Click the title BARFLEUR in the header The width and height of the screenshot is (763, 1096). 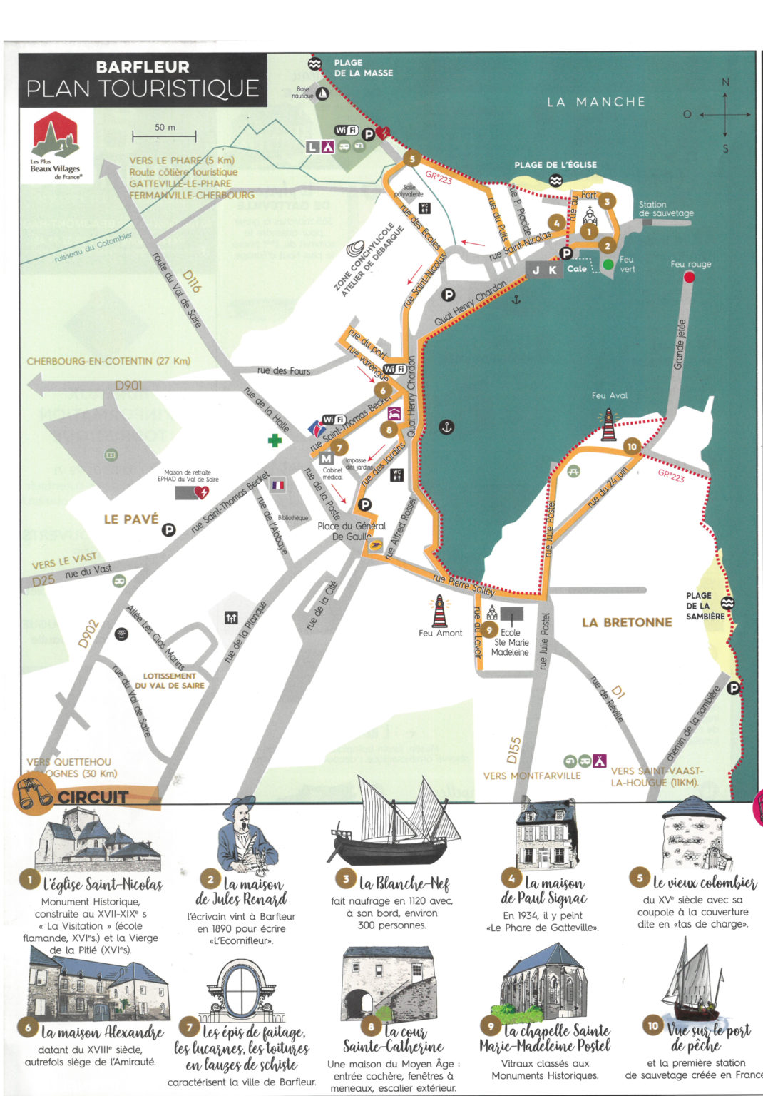pos(143,67)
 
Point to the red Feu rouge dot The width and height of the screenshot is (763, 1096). pos(689,277)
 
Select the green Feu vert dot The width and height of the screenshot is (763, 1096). pos(608,264)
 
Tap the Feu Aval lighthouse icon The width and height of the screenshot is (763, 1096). pos(609,425)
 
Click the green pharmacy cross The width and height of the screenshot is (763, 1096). pos(275,440)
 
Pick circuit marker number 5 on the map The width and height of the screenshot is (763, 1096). pos(411,158)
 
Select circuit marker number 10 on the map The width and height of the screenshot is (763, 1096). pos(631,447)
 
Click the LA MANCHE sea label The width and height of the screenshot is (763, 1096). pos(595,102)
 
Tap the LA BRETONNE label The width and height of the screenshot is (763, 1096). pos(627,622)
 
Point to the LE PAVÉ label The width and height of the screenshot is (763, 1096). pos(131,519)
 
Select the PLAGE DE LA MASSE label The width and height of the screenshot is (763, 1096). pos(363,68)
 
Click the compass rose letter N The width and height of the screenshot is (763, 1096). pos(725,83)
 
